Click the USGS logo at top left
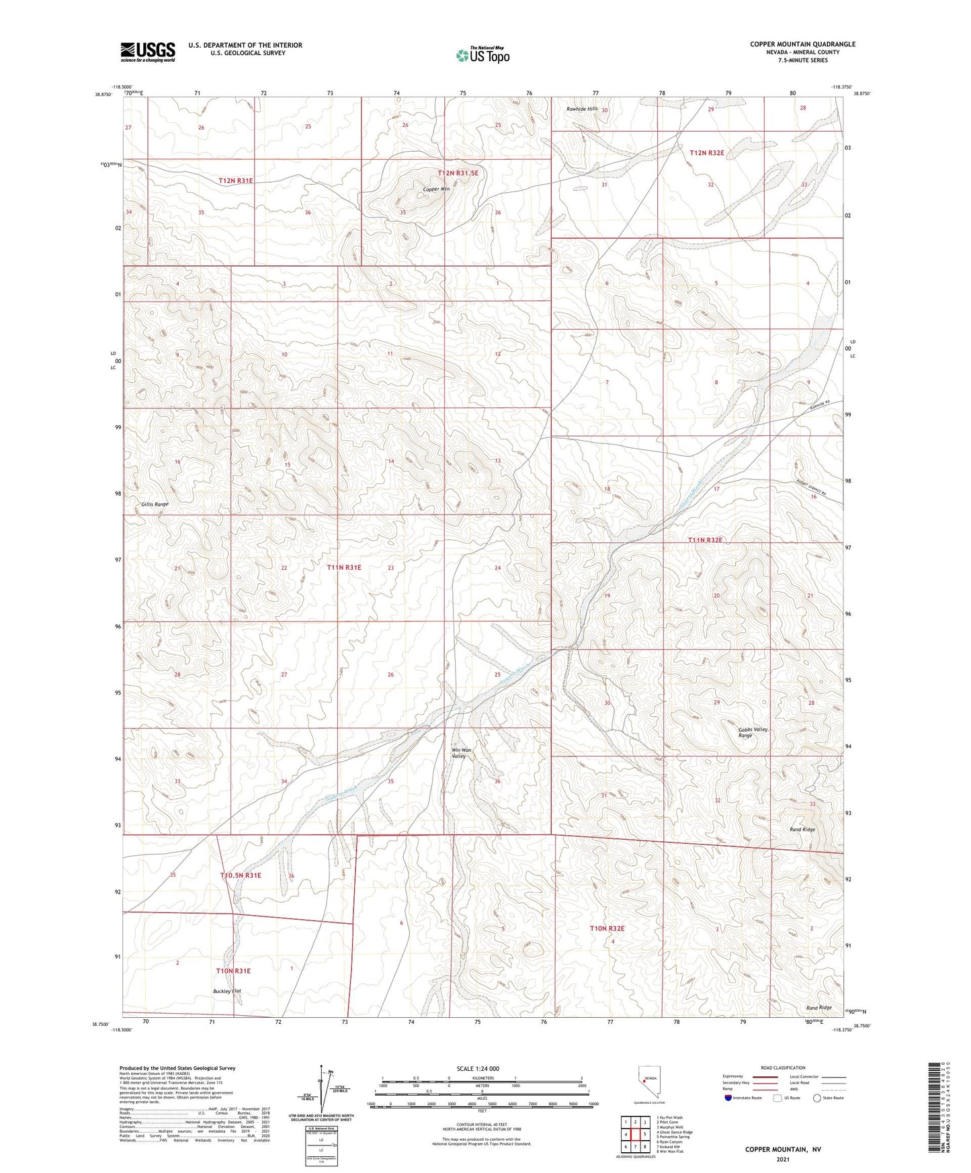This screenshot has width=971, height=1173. click(x=148, y=52)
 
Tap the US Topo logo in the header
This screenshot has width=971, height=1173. click(x=482, y=55)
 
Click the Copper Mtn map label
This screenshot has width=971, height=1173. click(x=436, y=189)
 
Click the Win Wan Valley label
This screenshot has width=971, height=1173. click(x=461, y=752)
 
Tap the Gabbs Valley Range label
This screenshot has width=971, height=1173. click(x=753, y=732)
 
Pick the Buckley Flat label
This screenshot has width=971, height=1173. click(x=226, y=991)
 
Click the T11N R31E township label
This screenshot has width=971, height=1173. click(x=344, y=568)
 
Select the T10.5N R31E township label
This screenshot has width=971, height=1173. click(x=241, y=875)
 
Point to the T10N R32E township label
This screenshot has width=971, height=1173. click(x=607, y=928)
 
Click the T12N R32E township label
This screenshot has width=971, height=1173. click(x=707, y=153)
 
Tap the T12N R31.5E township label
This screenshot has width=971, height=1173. click(x=458, y=173)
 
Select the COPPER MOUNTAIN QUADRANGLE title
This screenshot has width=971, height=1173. click(x=802, y=44)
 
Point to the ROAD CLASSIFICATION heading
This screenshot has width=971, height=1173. click(x=783, y=1068)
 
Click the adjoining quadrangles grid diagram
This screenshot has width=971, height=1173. click(x=635, y=1134)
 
